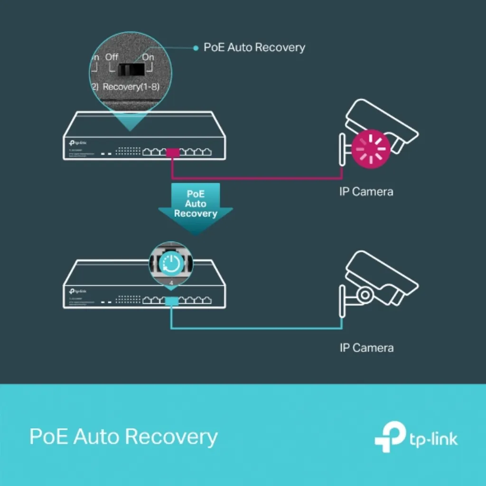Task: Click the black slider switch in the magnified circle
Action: pyautogui.click(x=131, y=71)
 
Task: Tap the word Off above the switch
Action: pyautogui.click(x=112, y=57)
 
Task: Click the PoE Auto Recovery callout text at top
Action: pyautogui.click(x=254, y=47)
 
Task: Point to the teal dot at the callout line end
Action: pyautogui.click(x=196, y=48)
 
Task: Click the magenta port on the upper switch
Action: pyautogui.click(x=172, y=152)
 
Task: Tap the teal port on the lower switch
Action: pyautogui.click(x=171, y=300)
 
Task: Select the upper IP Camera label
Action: pyautogui.click(x=366, y=192)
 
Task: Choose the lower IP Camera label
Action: pyautogui.click(x=366, y=348)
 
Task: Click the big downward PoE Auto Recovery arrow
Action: pyautogui.click(x=195, y=207)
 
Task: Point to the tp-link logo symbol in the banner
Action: pyautogui.click(x=389, y=438)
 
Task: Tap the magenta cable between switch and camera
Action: pyautogui.click(x=256, y=179)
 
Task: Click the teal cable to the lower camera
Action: pyautogui.click(x=256, y=327)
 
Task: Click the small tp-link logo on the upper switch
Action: pyautogui.click(x=77, y=143)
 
